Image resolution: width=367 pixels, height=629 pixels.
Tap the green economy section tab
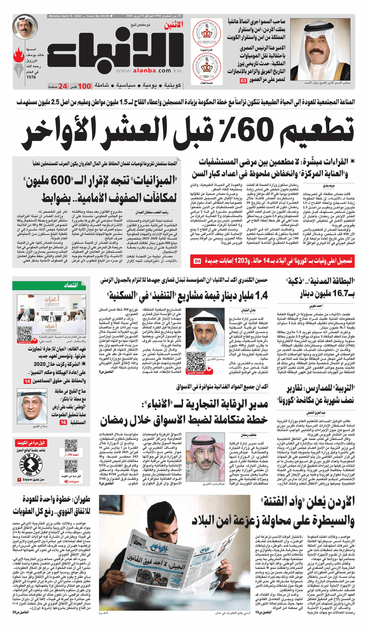point(75,285)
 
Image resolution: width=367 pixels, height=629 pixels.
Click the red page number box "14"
point(27,381)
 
